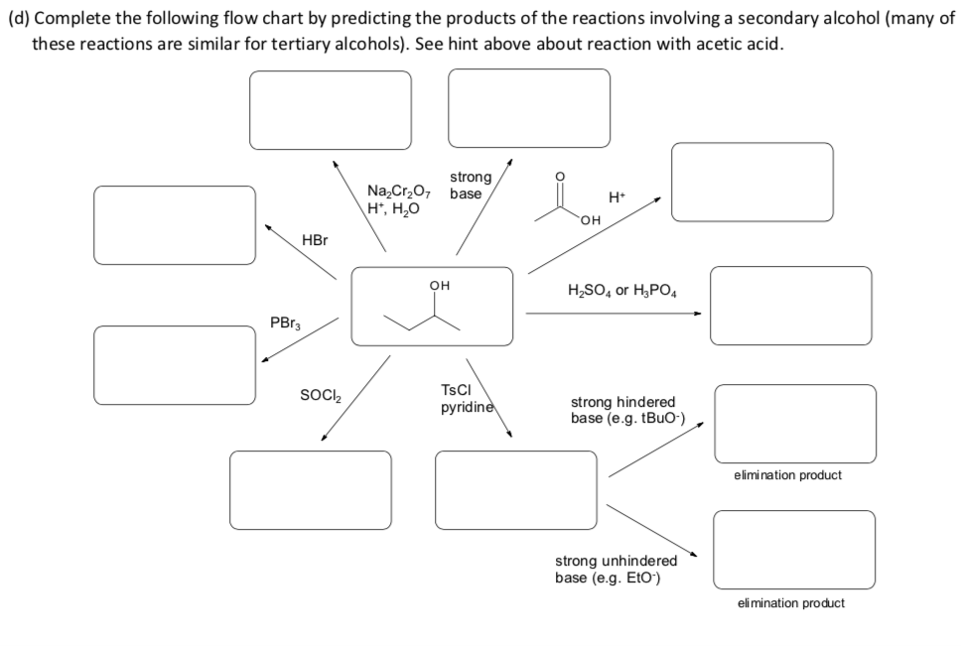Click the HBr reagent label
[x=315, y=241]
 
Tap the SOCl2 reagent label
[x=321, y=396]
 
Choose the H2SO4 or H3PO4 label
[x=623, y=291]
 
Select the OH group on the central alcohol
[x=439, y=285]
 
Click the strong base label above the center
[x=470, y=185]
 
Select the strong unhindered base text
[x=616, y=569]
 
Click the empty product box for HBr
[x=175, y=225]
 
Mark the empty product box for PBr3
[x=175, y=365]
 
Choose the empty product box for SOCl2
[x=311, y=490]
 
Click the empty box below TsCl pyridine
[x=516, y=490]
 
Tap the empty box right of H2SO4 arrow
[x=790, y=306]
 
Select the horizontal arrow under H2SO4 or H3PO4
[x=613, y=314]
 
